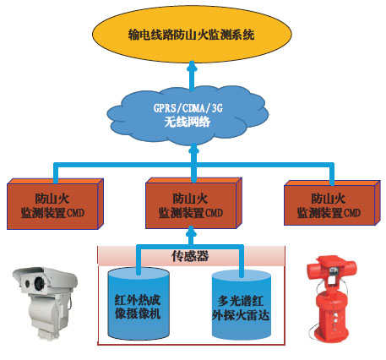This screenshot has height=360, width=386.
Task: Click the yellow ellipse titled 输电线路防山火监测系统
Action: [x=192, y=34]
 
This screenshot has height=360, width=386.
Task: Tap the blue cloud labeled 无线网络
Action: [x=188, y=116]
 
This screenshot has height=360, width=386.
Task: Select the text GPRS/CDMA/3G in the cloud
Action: [x=188, y=108]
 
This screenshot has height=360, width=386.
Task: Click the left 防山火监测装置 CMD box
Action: [x=55, y=204]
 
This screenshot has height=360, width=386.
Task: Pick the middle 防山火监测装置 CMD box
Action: [x=193, y=203]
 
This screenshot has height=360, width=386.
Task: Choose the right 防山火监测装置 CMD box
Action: [x=332, y=203]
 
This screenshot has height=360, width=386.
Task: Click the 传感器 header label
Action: [x=190, y=256]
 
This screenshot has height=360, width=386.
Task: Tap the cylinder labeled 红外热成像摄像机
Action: [x=139, y=303]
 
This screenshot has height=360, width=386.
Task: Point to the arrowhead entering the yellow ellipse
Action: [x=192, y=66]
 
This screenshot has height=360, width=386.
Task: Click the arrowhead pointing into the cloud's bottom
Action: [x=193, y=148]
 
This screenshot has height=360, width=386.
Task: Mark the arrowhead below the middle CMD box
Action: [x=191, y=231]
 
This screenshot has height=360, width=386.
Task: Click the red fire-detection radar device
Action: [x=332, y=298]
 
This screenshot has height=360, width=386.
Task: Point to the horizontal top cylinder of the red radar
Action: [x=332, y=269]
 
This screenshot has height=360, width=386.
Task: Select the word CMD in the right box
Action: [x=352, y=212]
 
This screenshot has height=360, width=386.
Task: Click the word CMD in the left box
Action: [x=75, y=213]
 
